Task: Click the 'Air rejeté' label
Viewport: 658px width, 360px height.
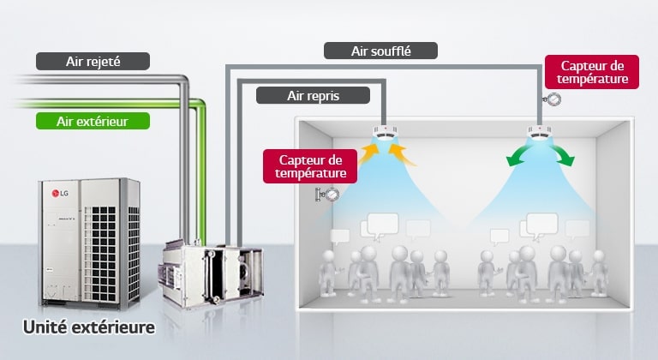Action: coord(93,62)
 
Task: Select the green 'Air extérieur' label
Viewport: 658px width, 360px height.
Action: coord(93,121)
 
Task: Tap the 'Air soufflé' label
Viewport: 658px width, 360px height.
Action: coord(380,51)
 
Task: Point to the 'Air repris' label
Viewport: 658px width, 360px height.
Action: coord(313,96)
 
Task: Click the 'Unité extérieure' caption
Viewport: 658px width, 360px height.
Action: coord(89,327)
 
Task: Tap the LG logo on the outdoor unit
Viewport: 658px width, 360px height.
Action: coord(60,193)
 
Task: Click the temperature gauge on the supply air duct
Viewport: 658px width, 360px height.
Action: coord(553,99)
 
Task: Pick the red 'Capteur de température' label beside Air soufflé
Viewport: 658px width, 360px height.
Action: coord(592,72)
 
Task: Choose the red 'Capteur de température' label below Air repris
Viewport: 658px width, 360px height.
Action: coord(310,166)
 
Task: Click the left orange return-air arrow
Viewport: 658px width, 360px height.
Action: coord(368,153)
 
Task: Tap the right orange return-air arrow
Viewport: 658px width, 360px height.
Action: coord(402,154)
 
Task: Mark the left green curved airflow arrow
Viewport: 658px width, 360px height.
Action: coord(517,154)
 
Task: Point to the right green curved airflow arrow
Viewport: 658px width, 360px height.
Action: coord(562,154)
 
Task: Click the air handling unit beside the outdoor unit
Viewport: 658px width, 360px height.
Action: coord(212,273)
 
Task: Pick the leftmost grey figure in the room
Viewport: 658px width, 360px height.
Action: coord(328,273)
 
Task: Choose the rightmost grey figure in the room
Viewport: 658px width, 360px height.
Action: coord(599,273)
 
